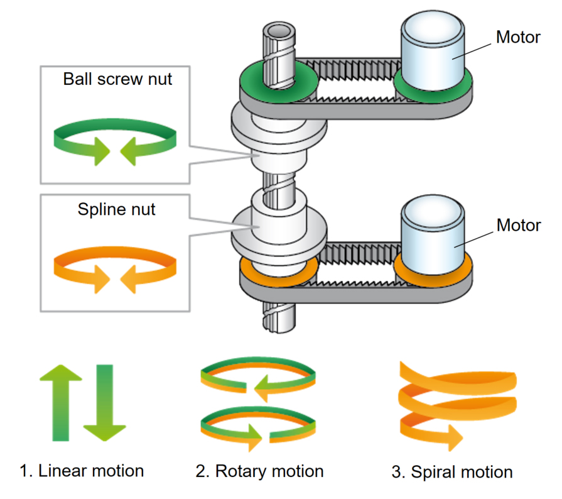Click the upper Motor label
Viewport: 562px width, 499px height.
click(x=517, y=37)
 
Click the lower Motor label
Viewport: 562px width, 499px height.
click(x=518, y=224)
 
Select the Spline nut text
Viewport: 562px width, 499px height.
click(x=117, y=209)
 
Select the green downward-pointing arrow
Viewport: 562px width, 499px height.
click(x=105, y=402)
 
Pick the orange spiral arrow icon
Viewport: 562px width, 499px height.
click(x=457, y=402)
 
